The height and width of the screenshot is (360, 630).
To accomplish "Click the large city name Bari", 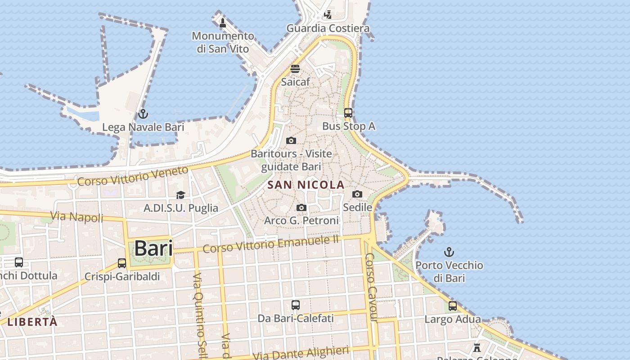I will [x=153, y=248].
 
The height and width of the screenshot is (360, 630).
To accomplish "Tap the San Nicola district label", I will [x=306, y=184].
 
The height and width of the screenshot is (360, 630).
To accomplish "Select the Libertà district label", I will [x=32, y=322].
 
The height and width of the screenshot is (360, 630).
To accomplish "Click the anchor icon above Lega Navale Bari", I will [x=143, y=113].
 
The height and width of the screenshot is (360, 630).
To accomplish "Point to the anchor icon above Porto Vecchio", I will [x=449, y=252].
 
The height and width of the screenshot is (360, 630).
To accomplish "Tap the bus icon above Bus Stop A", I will [x=348, y=112].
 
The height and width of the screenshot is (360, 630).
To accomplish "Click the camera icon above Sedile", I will [x=357, y=194].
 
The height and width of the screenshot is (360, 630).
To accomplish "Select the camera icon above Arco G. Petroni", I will [x=301, y=207].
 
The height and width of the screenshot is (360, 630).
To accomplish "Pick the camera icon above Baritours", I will [x=291, y=140].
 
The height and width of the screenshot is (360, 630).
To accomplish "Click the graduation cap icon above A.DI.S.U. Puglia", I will [x=180, y=195].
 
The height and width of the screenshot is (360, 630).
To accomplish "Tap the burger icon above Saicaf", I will [x=295, y=69].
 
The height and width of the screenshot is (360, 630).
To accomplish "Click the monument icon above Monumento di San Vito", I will [x=222, y=22].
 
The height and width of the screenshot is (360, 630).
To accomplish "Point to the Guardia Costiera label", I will [x=328, y=28].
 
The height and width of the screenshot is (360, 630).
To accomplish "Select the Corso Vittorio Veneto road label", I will [x=133, y=176].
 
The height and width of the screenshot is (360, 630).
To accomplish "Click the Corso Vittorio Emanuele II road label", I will [x=270, y=244].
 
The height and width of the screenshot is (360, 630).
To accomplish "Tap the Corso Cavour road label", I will [x=370, y=288].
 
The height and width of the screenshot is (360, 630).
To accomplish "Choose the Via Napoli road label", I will [x=77, y=217].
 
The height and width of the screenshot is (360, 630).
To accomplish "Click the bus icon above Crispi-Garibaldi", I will [x=122, y=263].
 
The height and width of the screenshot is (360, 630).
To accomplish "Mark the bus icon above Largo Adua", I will [x=453, y=306].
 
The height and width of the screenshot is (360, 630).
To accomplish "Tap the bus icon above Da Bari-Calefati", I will [x=296, y=305].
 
